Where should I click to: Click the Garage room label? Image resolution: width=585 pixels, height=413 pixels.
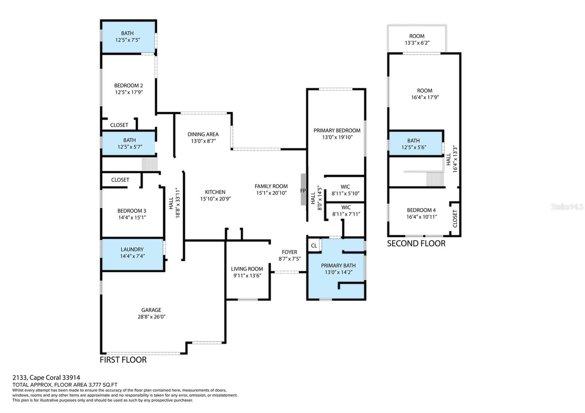[151, 310]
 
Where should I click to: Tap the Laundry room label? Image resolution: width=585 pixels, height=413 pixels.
[132, 249]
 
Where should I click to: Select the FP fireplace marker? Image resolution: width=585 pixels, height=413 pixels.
[303, 191]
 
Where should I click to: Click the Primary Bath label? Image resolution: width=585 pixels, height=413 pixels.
[338, 265]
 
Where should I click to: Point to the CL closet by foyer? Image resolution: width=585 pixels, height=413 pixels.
[314, 246]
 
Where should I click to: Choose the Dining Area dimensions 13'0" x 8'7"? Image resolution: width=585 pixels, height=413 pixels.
[203, 141]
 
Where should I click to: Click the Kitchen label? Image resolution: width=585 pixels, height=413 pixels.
[215, 192]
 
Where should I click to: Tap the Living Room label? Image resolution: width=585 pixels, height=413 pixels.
[247, 269]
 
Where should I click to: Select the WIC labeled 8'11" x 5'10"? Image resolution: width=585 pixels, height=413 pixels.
[345, 190]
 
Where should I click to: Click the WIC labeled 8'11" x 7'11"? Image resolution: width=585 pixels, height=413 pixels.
[346, 211]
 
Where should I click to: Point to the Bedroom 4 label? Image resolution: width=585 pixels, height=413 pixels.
[421, 210]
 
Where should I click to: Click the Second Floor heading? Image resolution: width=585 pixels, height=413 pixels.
[416, 243]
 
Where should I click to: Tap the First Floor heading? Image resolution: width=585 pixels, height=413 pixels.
[123, 360]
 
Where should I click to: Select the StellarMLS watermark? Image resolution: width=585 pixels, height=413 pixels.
[567, 207]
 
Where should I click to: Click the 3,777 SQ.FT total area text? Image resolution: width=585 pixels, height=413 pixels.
[103, 384]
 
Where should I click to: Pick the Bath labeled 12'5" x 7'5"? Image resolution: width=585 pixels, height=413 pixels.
[128, 37]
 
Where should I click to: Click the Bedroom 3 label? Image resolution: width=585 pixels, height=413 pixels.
[132, 211]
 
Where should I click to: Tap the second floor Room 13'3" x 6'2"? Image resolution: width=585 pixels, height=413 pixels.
[417, 39]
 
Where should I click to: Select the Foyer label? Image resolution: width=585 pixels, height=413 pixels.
[289, 252]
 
